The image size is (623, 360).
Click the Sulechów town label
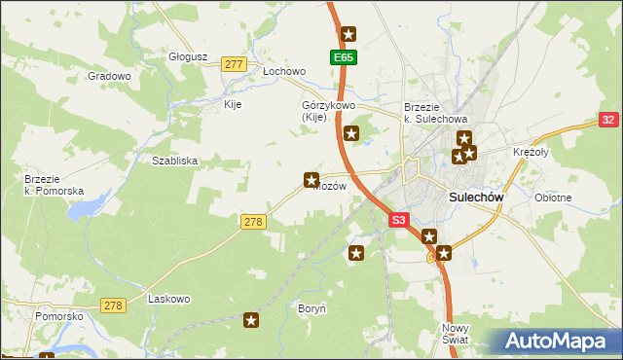[x=477, y=197]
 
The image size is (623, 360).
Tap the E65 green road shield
[x=344, y=58]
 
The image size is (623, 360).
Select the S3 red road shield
[x=399, y=221]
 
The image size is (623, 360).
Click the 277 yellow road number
[x=233, y=64]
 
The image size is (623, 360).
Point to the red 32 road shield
[x=607, y=120]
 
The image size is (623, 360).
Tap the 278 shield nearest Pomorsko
[x=113, y=306]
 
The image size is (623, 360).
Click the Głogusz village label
[x=188, y=56]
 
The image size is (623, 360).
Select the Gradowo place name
[x=109, y=76]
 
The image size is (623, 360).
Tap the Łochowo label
[x=285, y=72]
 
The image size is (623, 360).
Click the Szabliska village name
[x=175, y=162]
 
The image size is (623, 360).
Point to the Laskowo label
[x=167, y=300]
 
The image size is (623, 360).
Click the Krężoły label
[x=532, y=153]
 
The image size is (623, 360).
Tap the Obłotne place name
[x=553, y=198]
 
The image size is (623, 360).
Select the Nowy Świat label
[x=455, y=334]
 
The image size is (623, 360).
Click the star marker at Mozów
[x=311, y=179]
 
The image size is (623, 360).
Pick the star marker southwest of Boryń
[x=252, y=319]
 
